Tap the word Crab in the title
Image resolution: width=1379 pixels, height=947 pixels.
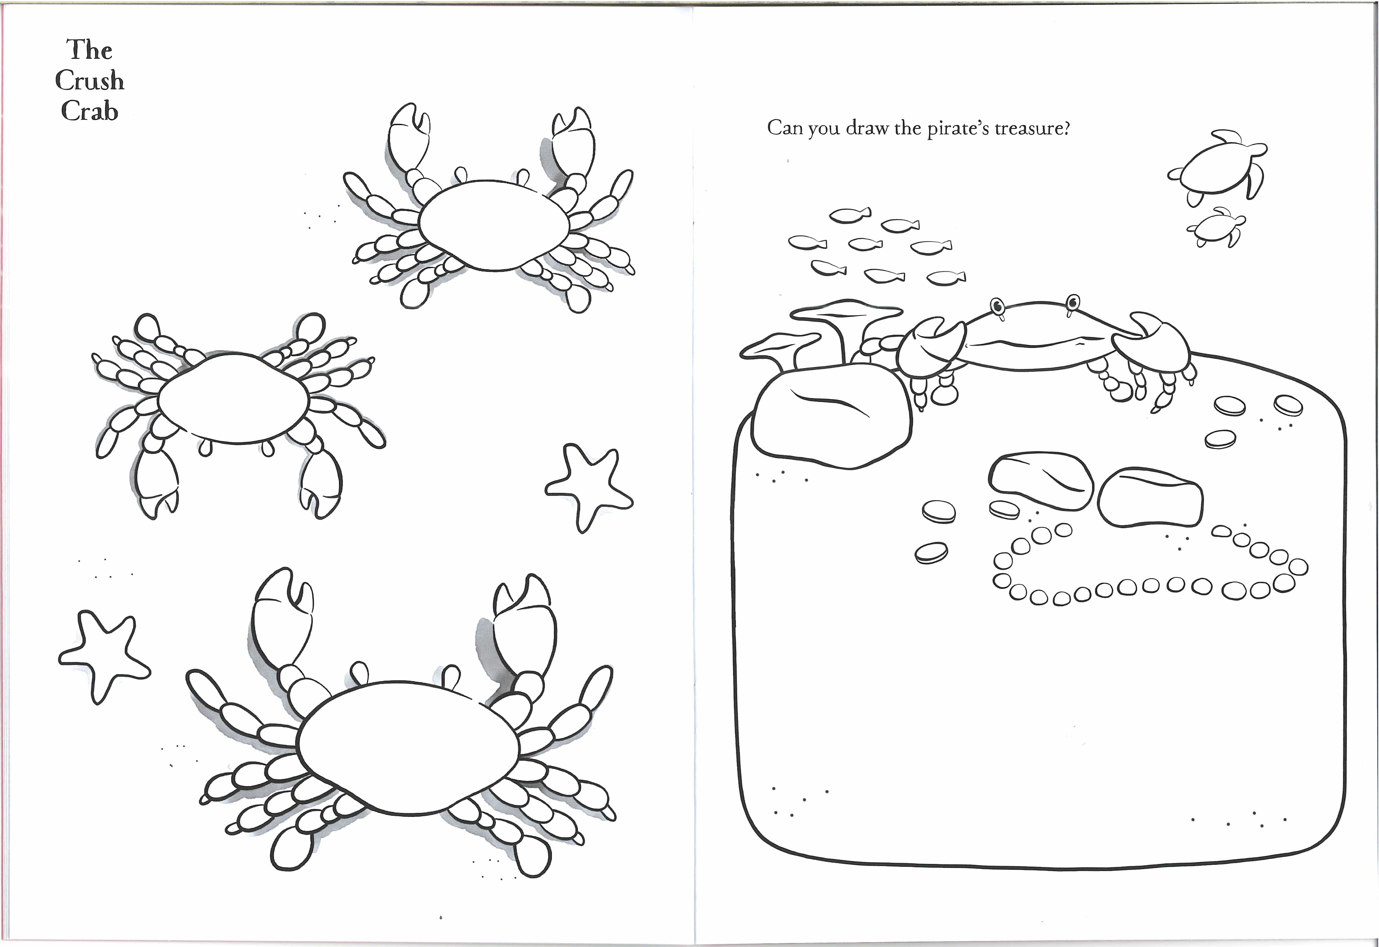90,112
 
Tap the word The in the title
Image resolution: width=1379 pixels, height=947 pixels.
90,50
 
